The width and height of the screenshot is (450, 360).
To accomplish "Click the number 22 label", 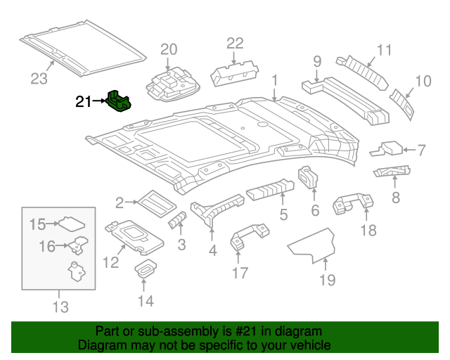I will click(233, 43).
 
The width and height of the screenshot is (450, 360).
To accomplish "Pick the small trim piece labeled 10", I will click(403, 100).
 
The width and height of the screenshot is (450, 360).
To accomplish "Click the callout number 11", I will click(383, 50).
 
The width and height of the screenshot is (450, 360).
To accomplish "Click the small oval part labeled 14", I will click(146, 269).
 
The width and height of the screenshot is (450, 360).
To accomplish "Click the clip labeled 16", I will click(77, 245).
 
